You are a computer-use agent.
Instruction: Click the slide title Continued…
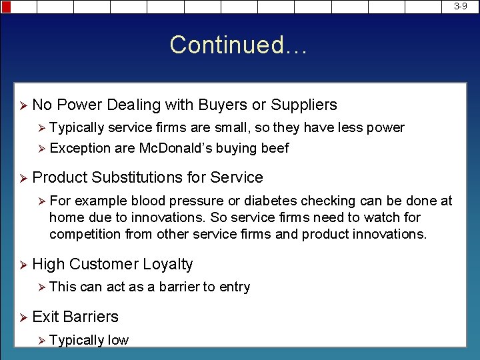click(239, 45)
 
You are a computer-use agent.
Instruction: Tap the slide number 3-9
click(461, 6)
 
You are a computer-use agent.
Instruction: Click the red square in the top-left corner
click(5, 7)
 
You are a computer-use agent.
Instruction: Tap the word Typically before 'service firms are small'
click(77, 128)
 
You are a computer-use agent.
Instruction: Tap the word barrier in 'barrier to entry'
click(179, 287)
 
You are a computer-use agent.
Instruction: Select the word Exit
click(45, 317)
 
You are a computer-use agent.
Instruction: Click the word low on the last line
click(118, 340)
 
